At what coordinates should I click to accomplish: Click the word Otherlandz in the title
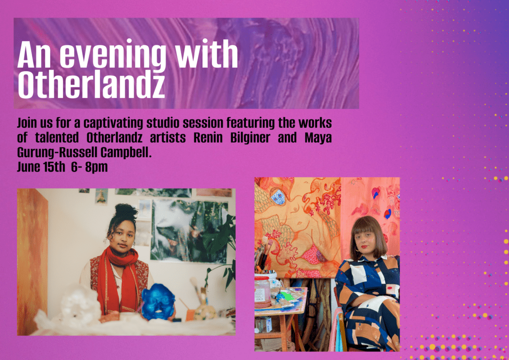click(91, 85)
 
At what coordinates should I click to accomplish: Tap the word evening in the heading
click(113, 55)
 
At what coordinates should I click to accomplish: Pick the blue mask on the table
click(158, 301)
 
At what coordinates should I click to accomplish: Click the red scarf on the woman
click(119, 276)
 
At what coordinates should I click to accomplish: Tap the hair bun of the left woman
click(126, 211)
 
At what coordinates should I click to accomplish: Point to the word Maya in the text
click(318, 138)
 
